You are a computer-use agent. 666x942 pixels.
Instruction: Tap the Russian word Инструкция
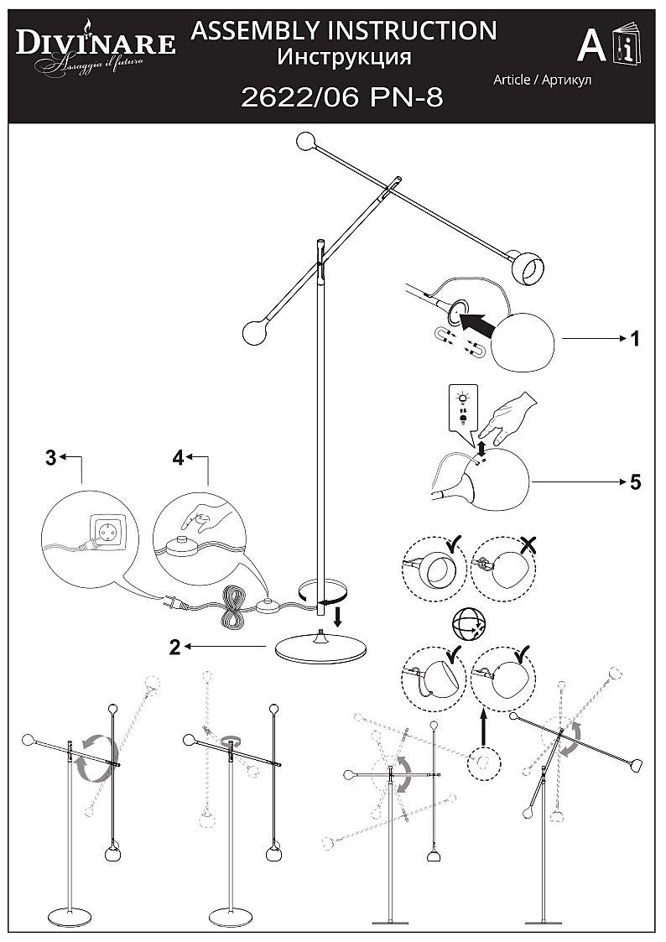pos(344,57)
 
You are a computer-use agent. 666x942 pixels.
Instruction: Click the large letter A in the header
pos(591,45)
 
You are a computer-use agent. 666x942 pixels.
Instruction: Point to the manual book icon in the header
pos(627,46)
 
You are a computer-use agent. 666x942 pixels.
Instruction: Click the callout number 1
pos(635,339)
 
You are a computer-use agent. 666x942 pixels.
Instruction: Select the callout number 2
pos(174,647)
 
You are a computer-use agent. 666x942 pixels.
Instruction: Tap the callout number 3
pos(50,458)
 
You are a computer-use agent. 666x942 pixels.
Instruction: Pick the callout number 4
pos(178,458)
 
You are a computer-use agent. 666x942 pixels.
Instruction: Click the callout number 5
pos(635,482)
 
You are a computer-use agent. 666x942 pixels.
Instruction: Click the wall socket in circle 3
pos(108,534)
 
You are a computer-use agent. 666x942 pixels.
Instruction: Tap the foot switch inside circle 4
pos(179,548)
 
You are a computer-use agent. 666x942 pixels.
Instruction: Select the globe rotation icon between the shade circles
pos(469,622)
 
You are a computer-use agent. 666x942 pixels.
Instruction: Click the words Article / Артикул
pos(543,80)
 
